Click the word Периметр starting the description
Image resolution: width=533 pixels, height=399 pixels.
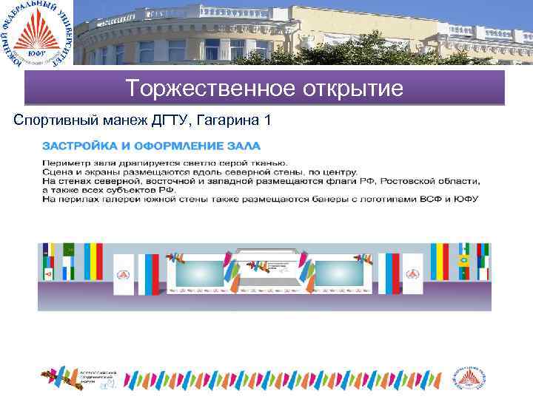[64, 162]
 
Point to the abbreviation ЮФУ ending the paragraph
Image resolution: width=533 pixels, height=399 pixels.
[467, 199]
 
